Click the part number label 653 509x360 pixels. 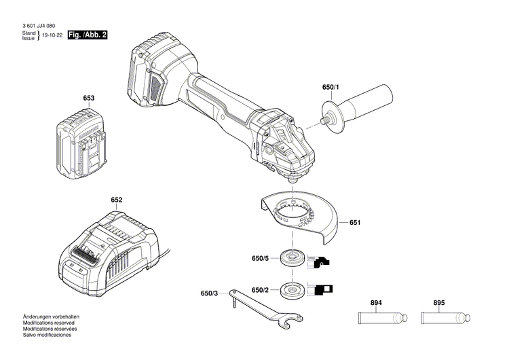(88, 98)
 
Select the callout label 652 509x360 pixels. (117, 200)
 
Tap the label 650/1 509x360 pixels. (331, 88)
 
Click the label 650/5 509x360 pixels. (261, 258)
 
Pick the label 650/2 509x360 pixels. (261, 290)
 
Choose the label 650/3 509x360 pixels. (210, 293)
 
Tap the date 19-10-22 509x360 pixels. (52, 35)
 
